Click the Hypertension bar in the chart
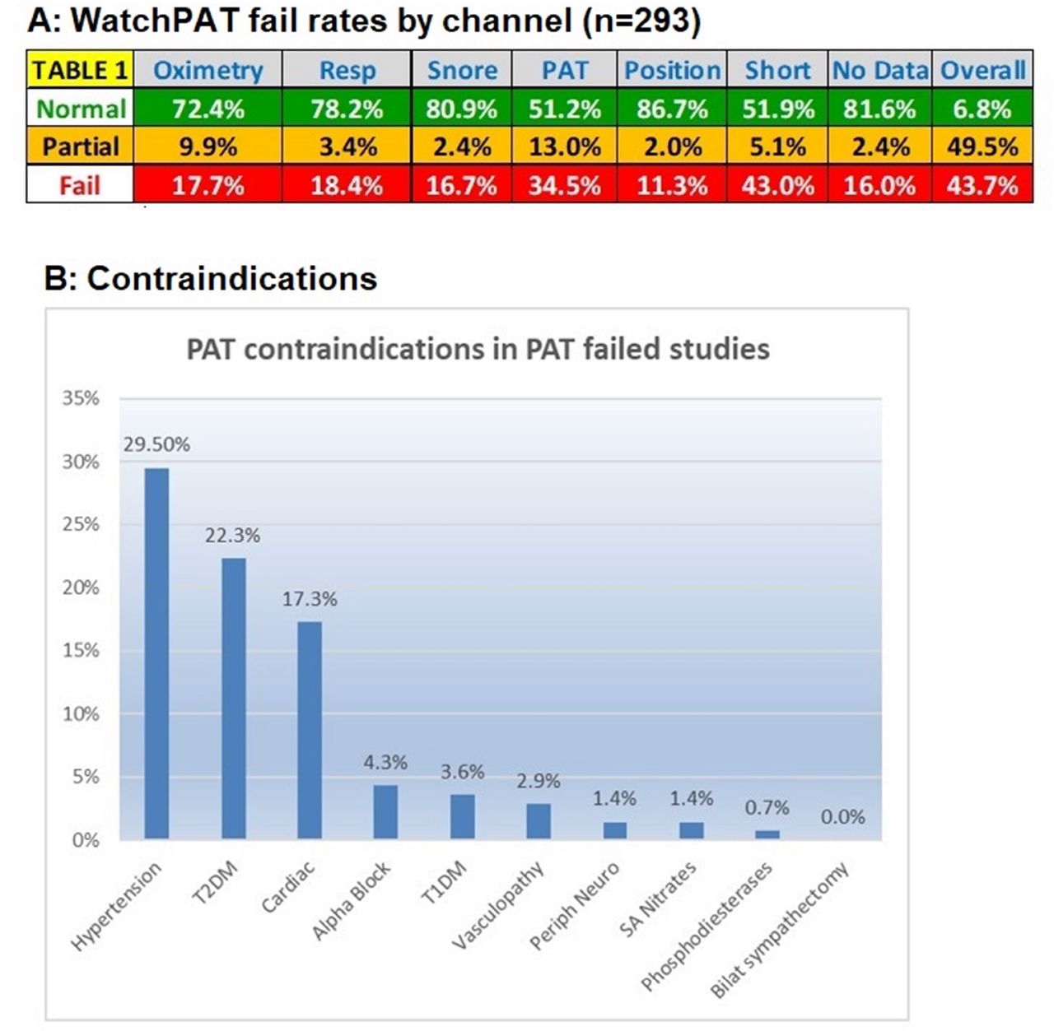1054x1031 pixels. tap(156, 654)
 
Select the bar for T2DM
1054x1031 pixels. tap(233, 699)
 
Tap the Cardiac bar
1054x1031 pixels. tap(310, 730)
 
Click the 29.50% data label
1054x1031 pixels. tap(156, 445)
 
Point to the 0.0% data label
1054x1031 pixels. tap(842, 817)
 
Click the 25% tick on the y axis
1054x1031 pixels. tap(81, 524)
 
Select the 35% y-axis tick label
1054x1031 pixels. tap(81, 398)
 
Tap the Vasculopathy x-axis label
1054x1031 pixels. tap(500, 905)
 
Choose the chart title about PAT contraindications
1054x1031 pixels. tap(478, 349)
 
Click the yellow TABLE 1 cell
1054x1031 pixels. tap(80, 70)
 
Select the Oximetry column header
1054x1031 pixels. tap(208, 70)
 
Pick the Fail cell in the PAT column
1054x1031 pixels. tap(564, 185)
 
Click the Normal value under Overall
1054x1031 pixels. tap(982, 109)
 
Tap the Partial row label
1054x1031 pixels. tap(80, 146)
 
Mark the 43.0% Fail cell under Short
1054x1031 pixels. tap(777, 185)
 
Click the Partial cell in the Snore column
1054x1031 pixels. tap(461, 146)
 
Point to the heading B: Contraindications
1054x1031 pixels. tap(211, 279)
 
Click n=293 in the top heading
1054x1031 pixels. tap(640, 21)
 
